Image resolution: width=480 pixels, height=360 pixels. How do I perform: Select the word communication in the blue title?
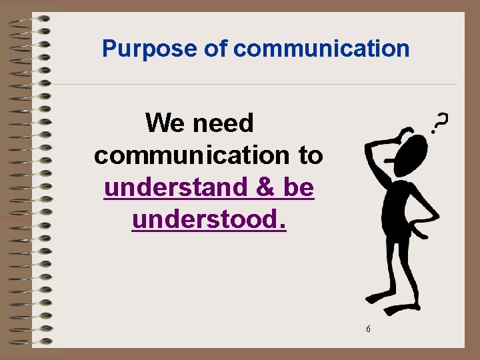click(x=321, y=49)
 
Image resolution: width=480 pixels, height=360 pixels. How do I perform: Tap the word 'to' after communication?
click(x=310, y=156)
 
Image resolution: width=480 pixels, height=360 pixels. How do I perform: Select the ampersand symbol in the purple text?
click(x=267, y=188)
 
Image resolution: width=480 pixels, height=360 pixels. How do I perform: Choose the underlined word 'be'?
click(x=298, y=188)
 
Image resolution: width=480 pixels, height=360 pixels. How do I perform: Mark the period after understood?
click(x=283, y=224)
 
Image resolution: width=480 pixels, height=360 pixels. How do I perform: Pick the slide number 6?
click(x=369, y=329)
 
